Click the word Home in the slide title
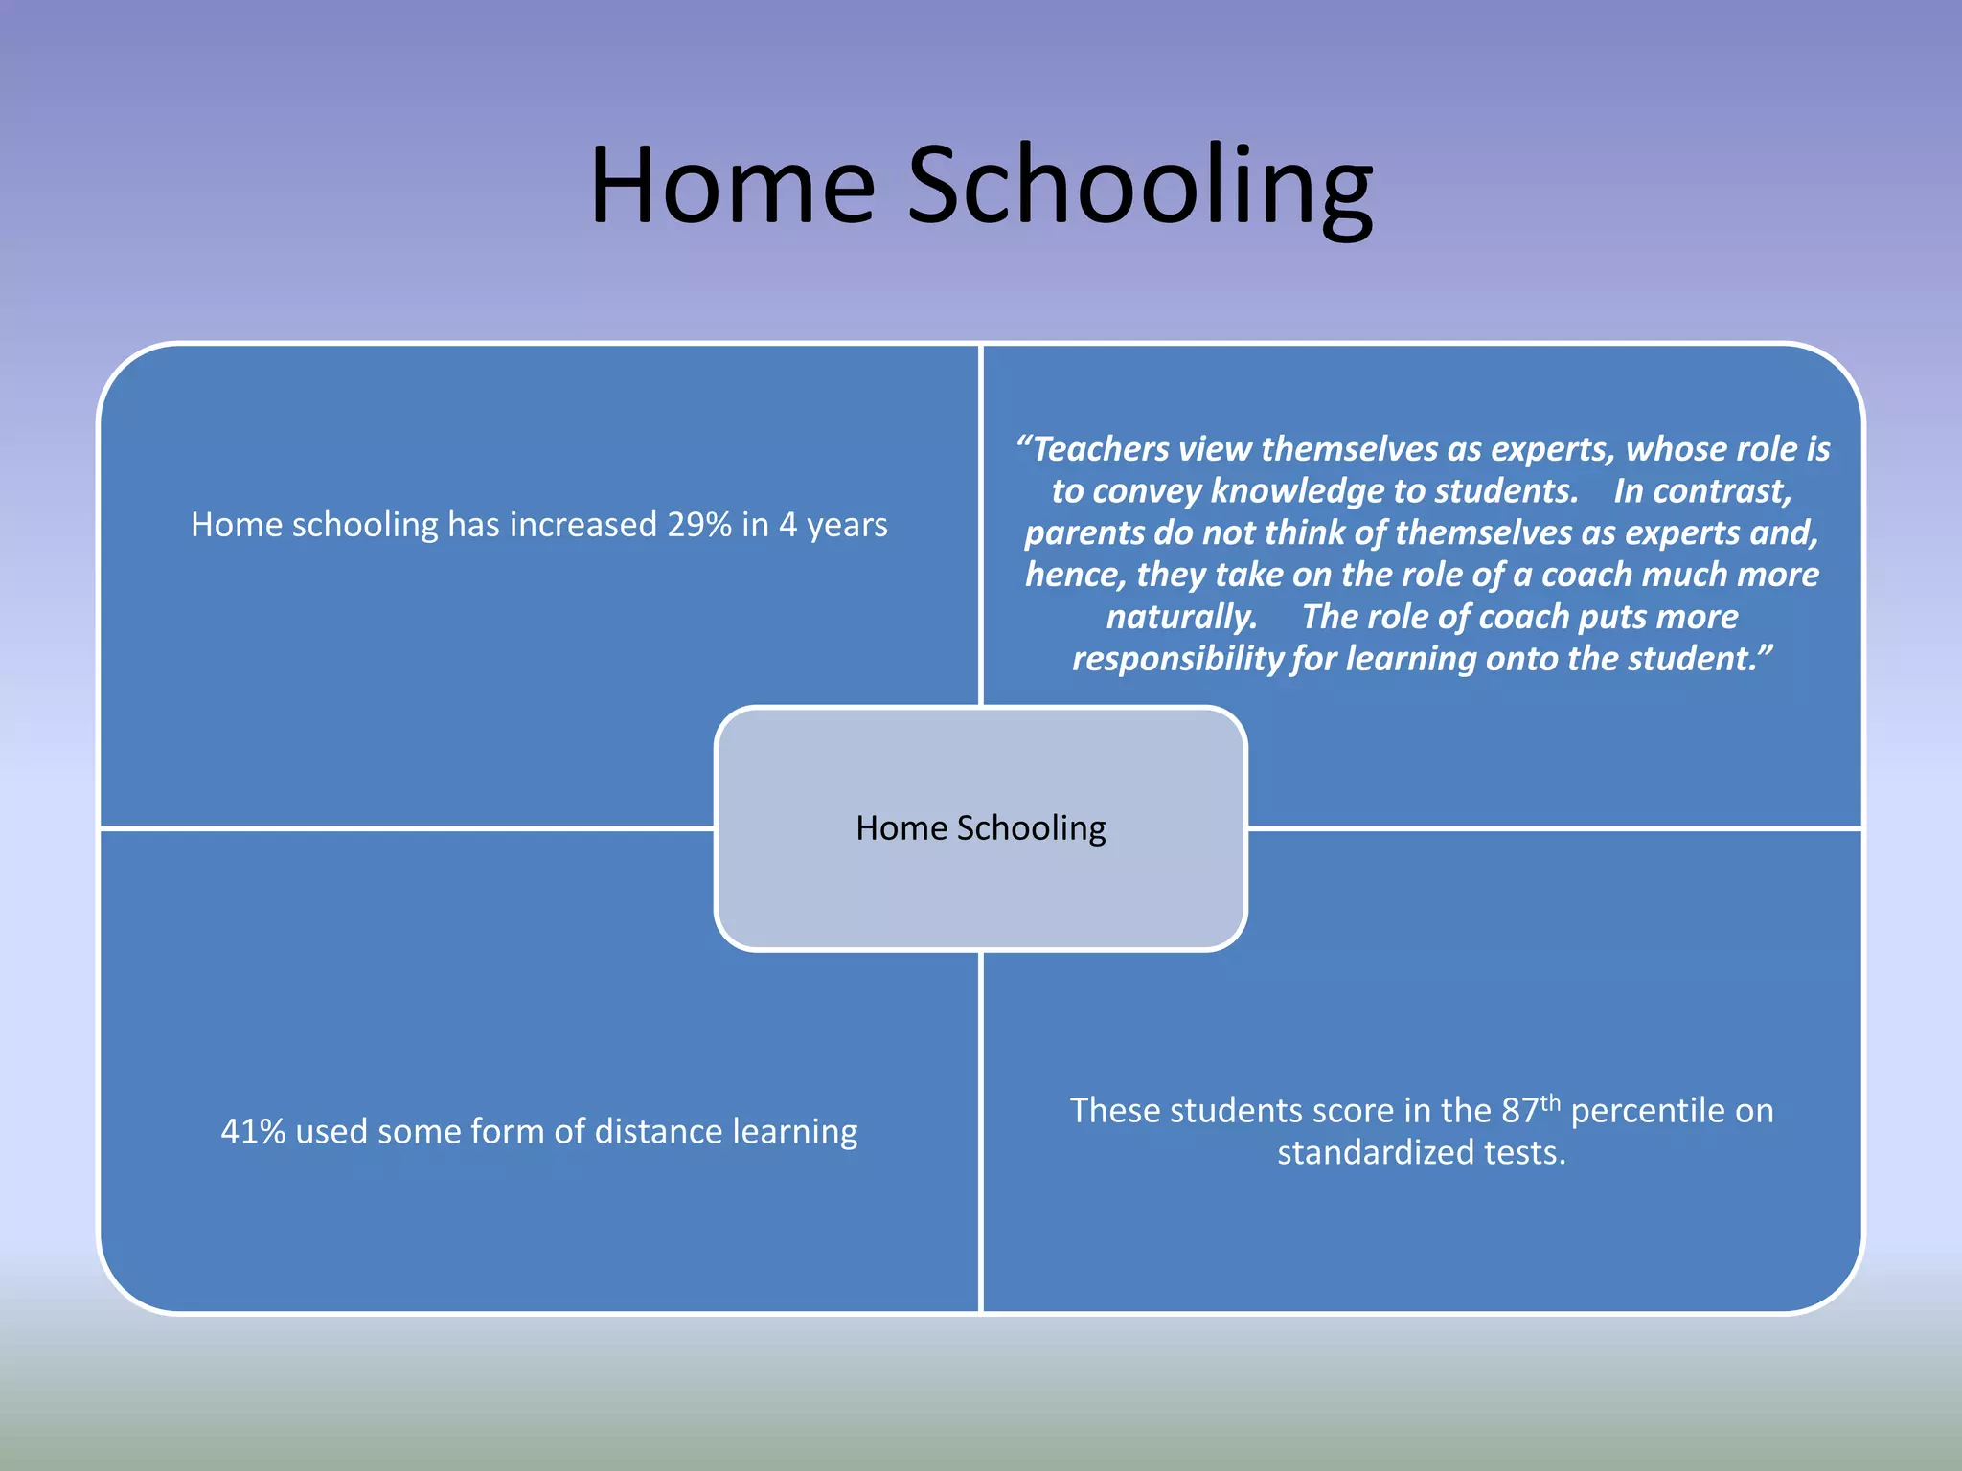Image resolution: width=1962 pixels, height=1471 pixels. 733,187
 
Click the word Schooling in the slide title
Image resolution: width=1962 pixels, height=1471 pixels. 1140,187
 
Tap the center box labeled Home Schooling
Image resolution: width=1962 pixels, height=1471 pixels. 980,828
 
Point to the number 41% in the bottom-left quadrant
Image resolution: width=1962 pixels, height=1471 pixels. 253,1132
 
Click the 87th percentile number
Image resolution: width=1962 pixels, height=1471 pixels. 1521,1111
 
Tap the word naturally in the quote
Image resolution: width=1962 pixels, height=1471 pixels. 1180,617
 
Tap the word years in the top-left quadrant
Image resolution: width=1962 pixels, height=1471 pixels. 847,525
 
